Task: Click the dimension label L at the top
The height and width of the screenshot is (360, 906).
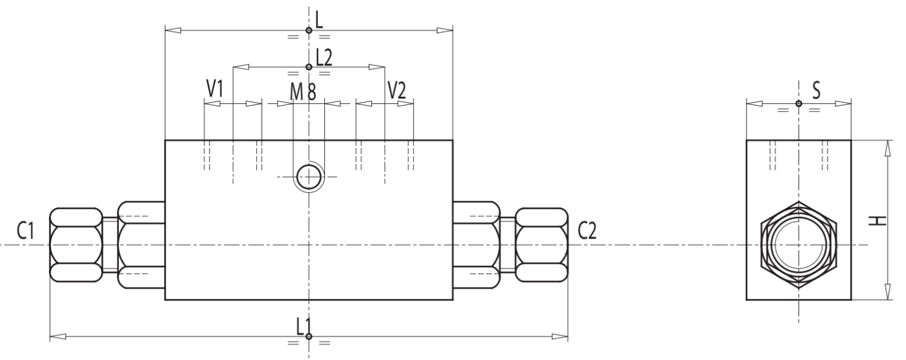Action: click(320, 19)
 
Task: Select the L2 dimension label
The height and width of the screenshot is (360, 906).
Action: click(324, 57)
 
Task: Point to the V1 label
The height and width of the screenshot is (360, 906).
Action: click(215, 89)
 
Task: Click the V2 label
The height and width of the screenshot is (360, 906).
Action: click(397, 89)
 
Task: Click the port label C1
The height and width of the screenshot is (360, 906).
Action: click(25, 231)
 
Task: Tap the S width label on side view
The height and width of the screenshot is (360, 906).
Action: click(817, 91)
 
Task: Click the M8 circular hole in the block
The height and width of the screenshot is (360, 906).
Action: click(309, 177)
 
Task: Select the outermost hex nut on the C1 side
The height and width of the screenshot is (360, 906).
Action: click(75, 245)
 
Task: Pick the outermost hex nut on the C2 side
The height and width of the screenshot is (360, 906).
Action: click(542, 245)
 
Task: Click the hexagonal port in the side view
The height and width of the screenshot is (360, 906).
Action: click(798, 245)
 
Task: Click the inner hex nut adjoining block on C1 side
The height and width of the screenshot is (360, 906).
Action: click(141, 245)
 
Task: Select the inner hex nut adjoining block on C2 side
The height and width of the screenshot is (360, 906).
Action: click(477, 245)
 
